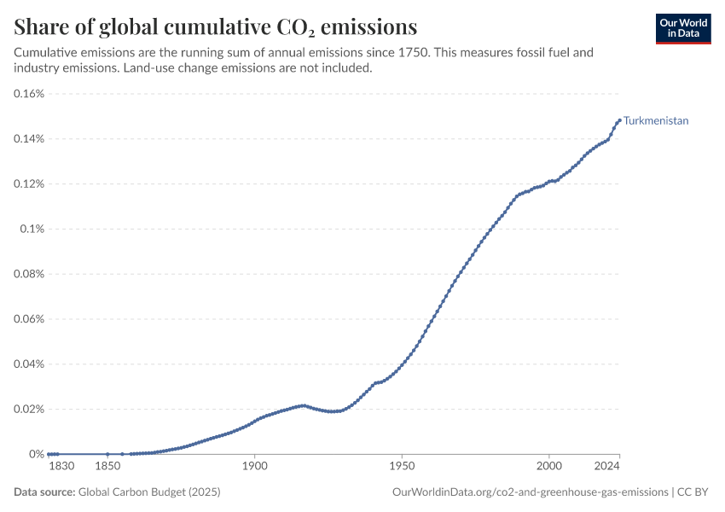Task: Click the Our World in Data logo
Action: (683, 29)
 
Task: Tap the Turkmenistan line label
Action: (656, 120)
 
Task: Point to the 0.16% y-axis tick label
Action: (29, 94)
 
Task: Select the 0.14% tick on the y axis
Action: (29, 139)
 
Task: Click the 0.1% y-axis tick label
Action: (32, 229)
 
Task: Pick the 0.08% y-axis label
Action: (29, 274)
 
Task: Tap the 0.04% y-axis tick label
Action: (29, 364)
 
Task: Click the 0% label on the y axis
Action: (37, 454)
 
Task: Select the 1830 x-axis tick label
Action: (61, 466)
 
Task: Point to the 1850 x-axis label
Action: (107, 466)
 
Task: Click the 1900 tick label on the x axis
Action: (255, 466)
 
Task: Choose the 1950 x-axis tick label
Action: (402, 466)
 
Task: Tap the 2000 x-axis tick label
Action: (548, 466)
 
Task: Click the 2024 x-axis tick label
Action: (606, 466)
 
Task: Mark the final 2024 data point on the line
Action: (619, 120)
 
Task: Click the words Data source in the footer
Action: (44, 492)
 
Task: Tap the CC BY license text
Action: (693, 492)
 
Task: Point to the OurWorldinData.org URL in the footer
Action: (531, 492)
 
